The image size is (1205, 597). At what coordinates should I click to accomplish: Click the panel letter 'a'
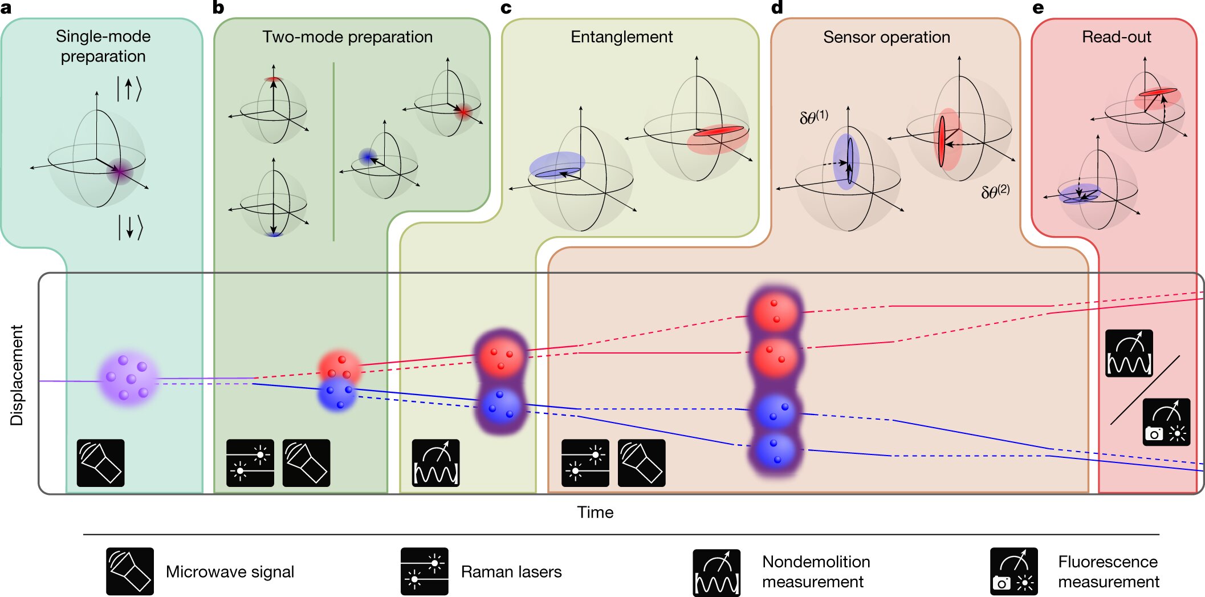point(6,8)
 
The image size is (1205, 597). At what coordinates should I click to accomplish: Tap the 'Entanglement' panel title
point(621,37)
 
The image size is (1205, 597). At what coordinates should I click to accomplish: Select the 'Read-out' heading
point(1116,37)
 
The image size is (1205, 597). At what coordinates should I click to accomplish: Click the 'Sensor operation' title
point(886,38)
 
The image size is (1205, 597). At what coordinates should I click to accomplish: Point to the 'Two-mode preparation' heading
point(347,37)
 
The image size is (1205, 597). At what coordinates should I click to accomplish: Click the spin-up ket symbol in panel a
point(129,89)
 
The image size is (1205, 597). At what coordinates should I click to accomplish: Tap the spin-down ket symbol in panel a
point(130,227)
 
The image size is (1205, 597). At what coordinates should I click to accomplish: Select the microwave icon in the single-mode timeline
point(100,463)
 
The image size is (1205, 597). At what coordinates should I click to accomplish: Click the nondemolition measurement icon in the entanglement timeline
point(435,463)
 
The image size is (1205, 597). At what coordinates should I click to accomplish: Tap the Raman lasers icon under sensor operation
point(585,463)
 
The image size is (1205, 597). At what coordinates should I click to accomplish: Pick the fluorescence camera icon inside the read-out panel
point(1166,422)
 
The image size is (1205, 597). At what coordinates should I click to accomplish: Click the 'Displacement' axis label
point(17,375)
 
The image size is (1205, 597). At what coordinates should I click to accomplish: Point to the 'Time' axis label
point(595,512)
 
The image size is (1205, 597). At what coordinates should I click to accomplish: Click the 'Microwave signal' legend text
point(230,572)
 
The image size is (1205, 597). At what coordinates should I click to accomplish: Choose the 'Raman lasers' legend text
point(511,572)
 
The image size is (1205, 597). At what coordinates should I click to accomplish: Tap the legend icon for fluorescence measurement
point(1013,571)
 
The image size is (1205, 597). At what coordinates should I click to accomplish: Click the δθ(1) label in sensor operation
point(814,117)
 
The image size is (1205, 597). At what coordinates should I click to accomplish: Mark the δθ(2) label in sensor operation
point(995,192)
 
